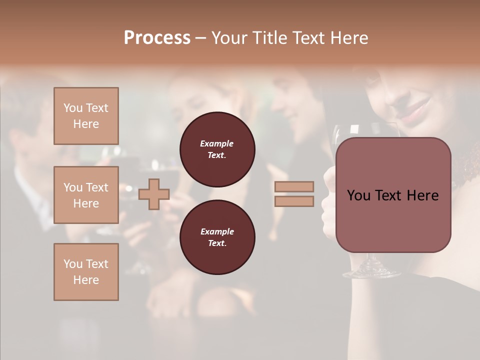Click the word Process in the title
pyautogui.click(x=157, y=37)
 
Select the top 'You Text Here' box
pyautogui.click(x=86, y=116)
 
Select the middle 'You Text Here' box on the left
pyautogui.click(x=86, y=195)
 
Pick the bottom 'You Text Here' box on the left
pyautogui.click(x=86, y=271)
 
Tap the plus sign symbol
pyautogui.click(x=154, y=194)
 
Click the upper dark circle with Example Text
pyautogui.click(x=217, y=149)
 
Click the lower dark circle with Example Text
pyautogui.click(x=217, y=237)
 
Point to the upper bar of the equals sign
pyautogui.click(x=294, y=186)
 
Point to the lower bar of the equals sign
pyautogui.click(x=294, y=201)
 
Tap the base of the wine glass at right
pyautogui.click(x=371, y=273)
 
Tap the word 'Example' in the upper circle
pyautogui.click(x=217, y=143)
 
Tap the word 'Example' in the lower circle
pyautogui.click(x=217, y=231)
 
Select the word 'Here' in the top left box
pyautogui.click(x=86, y=124)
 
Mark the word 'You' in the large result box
pyautogui.click(x=357, y=195)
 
